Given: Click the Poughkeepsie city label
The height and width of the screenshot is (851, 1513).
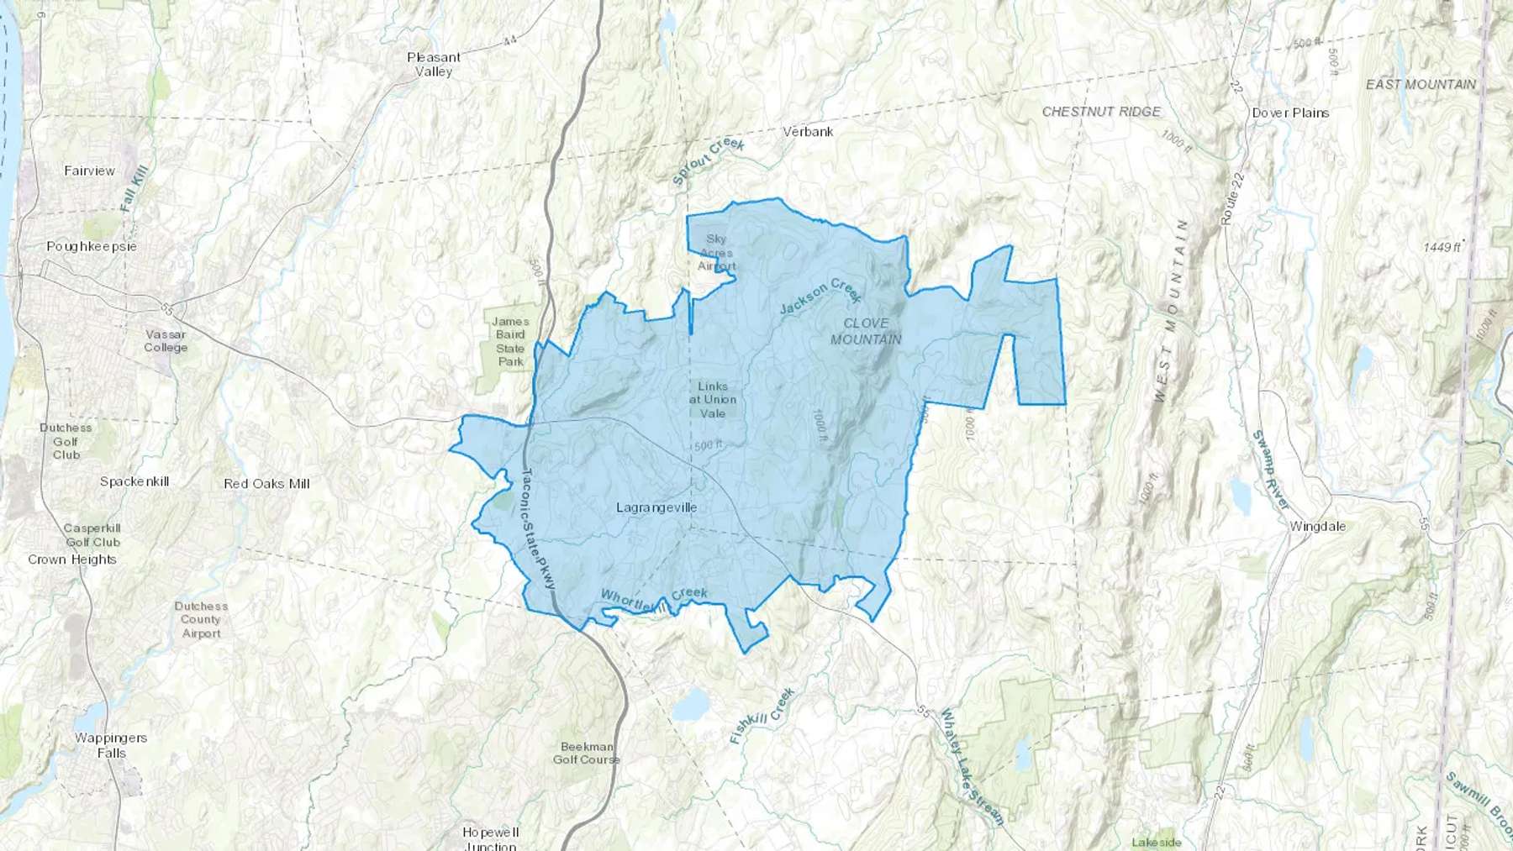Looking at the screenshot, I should click(x=92, y=246).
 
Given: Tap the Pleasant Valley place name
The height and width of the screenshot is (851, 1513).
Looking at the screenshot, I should click(x=434, y=65).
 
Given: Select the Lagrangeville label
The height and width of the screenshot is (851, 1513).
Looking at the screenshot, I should click(x=656, y=507).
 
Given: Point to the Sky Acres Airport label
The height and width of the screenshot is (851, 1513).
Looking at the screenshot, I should click(x=716, y=253).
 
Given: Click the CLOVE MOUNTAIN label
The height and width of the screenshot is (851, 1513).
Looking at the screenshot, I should click(x=866, y=331).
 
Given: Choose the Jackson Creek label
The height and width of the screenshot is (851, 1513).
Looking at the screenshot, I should click(x=820, y=296).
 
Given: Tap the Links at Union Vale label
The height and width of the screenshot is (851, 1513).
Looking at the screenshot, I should click(x=713, y=400).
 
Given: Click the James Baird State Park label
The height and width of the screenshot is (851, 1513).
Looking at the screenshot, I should click(x=510, y=341).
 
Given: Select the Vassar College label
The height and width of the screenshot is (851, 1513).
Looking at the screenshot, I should click(x=166, y=340).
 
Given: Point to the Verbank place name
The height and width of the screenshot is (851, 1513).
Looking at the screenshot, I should click(x=808, y=132).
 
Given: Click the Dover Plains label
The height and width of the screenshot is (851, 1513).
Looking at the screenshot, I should click(x=1290, y=113).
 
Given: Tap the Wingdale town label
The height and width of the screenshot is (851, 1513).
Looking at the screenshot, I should click(x=1317, y=527).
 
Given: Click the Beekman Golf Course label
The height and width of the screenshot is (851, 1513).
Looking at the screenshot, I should click(x=587, y=753).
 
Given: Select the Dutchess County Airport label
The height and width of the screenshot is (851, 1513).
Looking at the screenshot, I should click(x=201, y=619).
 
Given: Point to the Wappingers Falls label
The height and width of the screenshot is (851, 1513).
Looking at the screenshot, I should click(x=111, y=745).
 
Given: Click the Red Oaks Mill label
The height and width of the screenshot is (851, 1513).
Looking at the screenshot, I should click(x=266, y=484).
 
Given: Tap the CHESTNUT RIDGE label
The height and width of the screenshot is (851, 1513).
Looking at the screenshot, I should click(x=1101, y=112).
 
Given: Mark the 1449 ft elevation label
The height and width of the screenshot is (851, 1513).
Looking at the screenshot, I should click(x=1442, y=247).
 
